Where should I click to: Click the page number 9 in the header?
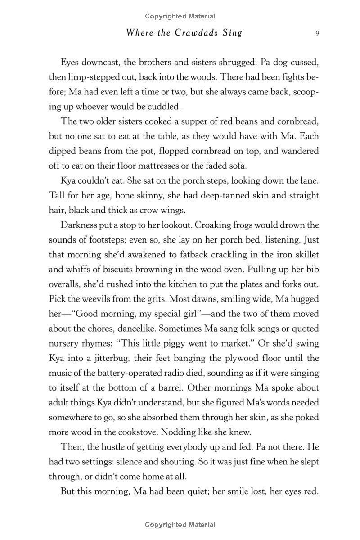[x=317, y=33]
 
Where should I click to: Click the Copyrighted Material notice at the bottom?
[x=180, y=524]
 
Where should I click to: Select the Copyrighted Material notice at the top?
[x=180, y=16]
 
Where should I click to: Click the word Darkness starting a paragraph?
[x=80, y=225]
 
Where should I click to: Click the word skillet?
[x=303, y=254]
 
